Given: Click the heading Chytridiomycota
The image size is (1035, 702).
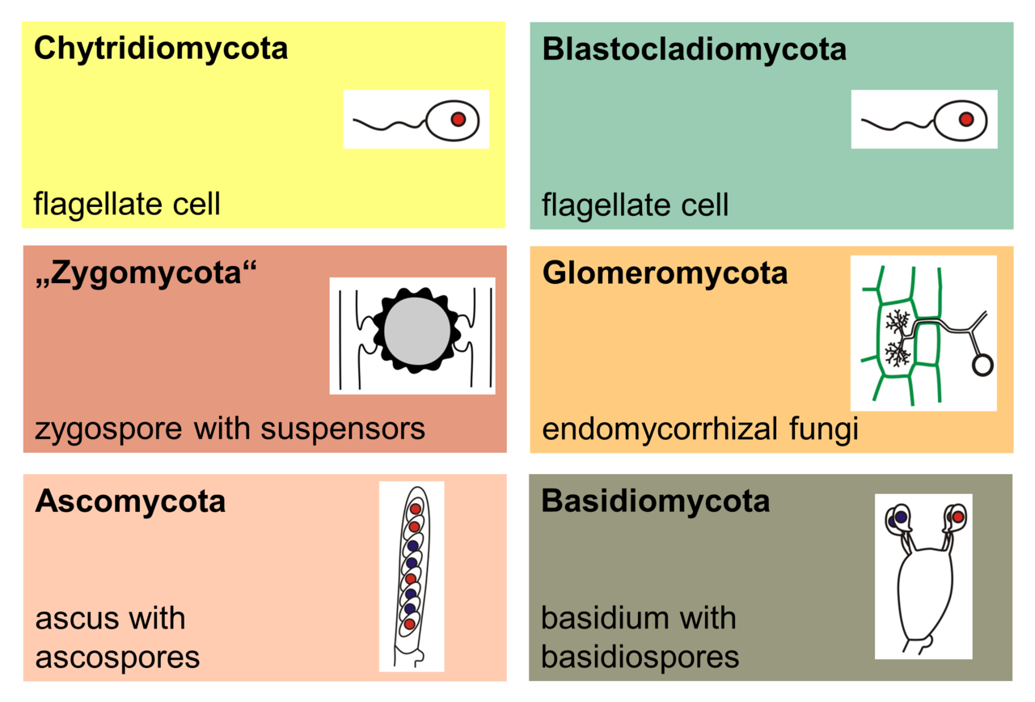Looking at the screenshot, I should (x=160, y=49).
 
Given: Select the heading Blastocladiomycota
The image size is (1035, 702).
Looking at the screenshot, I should (x=694, y=49).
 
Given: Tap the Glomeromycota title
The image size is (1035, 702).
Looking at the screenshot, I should (x=665, y=273).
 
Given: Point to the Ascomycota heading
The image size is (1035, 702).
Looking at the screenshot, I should (x=130, y=501).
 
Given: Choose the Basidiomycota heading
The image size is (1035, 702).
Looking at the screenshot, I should (x=656, y=501).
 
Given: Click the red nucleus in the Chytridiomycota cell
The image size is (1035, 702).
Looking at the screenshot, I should (x=458, y=120).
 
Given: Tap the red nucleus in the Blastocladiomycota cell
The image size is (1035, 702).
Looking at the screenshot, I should (x=965, y=120).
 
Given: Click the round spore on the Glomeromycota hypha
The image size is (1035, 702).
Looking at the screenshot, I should (x=982, y=365).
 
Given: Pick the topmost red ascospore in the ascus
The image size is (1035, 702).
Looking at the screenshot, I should (x=415, y=509).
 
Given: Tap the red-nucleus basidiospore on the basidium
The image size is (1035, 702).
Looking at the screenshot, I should (x=957, y=516).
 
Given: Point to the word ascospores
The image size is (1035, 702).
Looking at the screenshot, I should (x=117, y=657).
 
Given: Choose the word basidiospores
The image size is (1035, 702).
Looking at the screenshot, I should (x=640, y=657).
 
